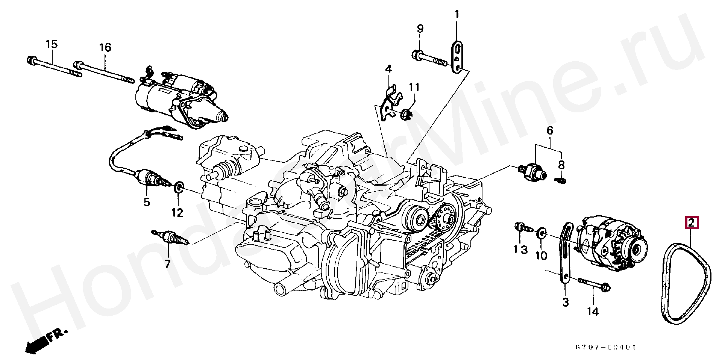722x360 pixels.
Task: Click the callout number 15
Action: pyautogui.click(x=52, y=44)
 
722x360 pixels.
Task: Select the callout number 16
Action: pyautogui.click(x=105, y=48)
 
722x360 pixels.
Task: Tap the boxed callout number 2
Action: pyautogui.click(x=692, y=223)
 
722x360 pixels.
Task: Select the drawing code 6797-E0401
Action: pyautogui.click(x=605, y=347)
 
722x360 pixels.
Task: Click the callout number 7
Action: pyautogui.click(x=168, y=264)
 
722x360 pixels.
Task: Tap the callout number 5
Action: pyautogui.click(x=147, y=202)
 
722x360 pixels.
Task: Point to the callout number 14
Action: pyautogui.click(x=593, y=312)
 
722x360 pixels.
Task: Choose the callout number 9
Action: pyautogui.click(x=420, y=29)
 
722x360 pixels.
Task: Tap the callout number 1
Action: pyautogui.click(x=457, y=15)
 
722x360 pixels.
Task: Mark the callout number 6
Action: pyautogui.click(x=550, y=131)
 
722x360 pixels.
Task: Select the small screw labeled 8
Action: pyautogui.click(x=560, y=181)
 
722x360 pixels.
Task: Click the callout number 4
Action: pyautogui.click(x=388, y=69)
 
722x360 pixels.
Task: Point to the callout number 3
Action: pyautogui.click(x=566, y=302)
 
